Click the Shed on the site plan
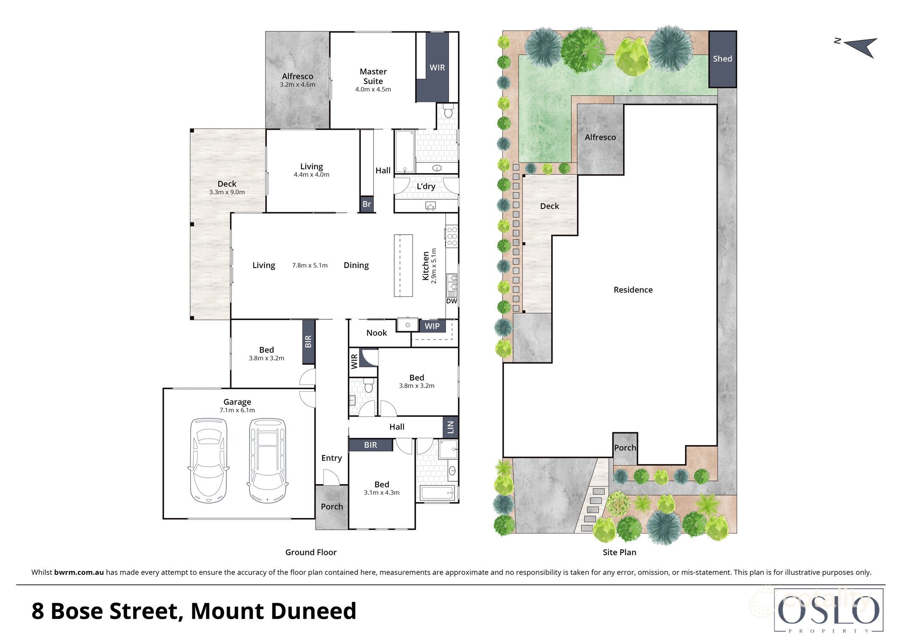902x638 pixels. [722, 59]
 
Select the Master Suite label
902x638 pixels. [373, 76]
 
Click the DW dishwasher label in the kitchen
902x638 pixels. [451, 301]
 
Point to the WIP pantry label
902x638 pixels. [432, 326]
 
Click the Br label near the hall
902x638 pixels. [366, 204]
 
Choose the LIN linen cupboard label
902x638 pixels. [451, 427]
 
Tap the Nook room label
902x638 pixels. [376, 333]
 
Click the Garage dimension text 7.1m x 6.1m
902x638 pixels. [237, 410]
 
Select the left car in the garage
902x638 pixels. [209, 460]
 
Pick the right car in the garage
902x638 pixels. [267, 460]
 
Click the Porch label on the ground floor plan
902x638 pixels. [332, 507]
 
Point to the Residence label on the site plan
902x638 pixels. [633, 290]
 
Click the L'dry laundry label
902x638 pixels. [426, 186]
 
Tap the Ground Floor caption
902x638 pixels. [311, 553]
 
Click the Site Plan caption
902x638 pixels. [619, 553]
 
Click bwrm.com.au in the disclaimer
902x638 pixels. [79, 572]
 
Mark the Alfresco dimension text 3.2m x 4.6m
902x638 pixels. [297, 85]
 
